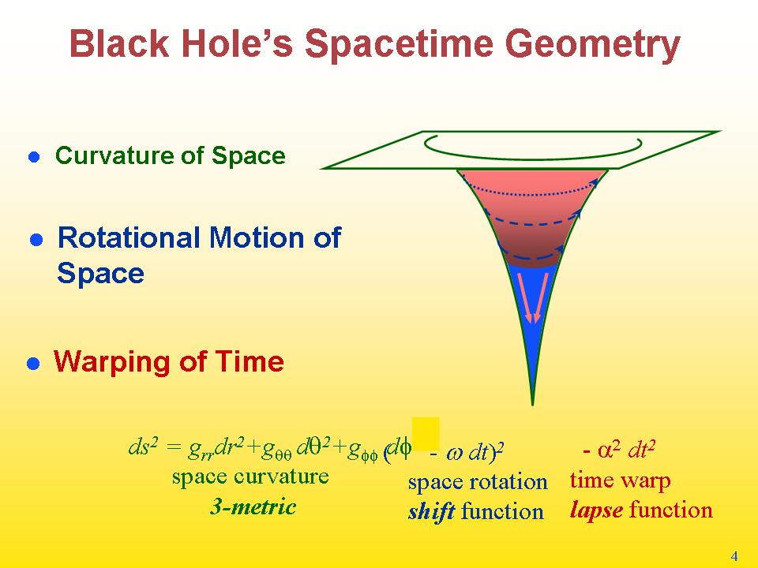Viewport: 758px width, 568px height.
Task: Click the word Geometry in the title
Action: (592, 45)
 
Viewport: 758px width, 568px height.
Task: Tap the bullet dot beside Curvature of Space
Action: (34, 157)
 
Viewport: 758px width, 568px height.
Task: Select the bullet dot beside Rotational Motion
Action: (37, 240)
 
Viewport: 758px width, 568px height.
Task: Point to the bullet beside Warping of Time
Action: (33, 364)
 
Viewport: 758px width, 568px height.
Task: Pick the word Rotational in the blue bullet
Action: (129, 237)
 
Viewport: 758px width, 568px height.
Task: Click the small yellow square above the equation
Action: (426, 433)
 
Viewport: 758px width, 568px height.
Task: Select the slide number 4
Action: (734, 556)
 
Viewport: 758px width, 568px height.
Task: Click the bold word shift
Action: (431, 512)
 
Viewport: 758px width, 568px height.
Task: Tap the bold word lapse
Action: (596, 510)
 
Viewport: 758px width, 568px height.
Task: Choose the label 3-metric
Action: (253, 506)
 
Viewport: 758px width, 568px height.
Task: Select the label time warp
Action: (621, 480)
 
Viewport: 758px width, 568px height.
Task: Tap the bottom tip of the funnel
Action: (532, 405)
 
